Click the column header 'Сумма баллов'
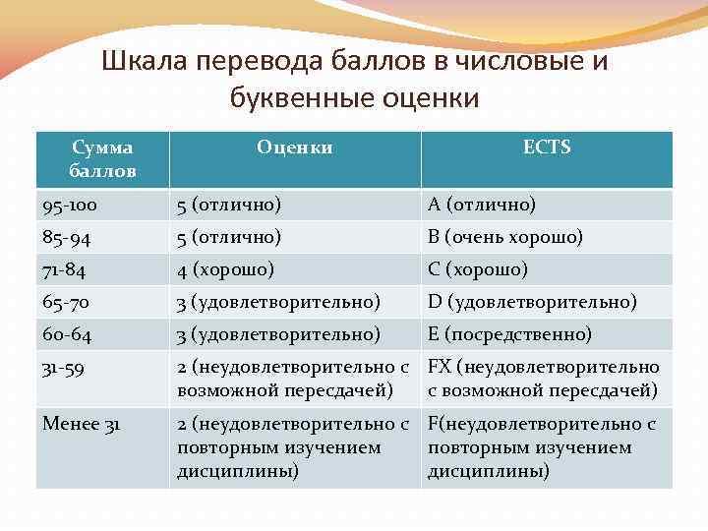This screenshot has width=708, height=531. pos(102,159)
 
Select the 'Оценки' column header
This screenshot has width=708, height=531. pos(294,147)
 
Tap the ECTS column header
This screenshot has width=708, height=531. pos(547,147)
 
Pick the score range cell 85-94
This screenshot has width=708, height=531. pos(67,237)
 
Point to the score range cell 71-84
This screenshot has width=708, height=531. pos(65,268)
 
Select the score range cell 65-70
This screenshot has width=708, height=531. pos(67,301)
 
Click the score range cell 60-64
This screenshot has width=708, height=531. pos(67,334)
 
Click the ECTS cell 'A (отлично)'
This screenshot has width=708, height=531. pos(481,205)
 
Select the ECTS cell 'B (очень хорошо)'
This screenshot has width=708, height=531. pos(504,237)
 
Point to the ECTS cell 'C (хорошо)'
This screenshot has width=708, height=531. pos(477,268)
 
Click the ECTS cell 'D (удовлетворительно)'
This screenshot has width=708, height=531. pos(532,301)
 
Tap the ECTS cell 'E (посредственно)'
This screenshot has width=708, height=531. pos(509,334)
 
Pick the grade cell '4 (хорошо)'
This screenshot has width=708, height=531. pos(225,268)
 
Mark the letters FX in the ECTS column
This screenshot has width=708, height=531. pos(439,367)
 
